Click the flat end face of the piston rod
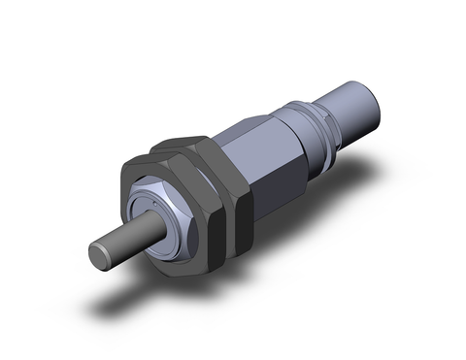[100, 253]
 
